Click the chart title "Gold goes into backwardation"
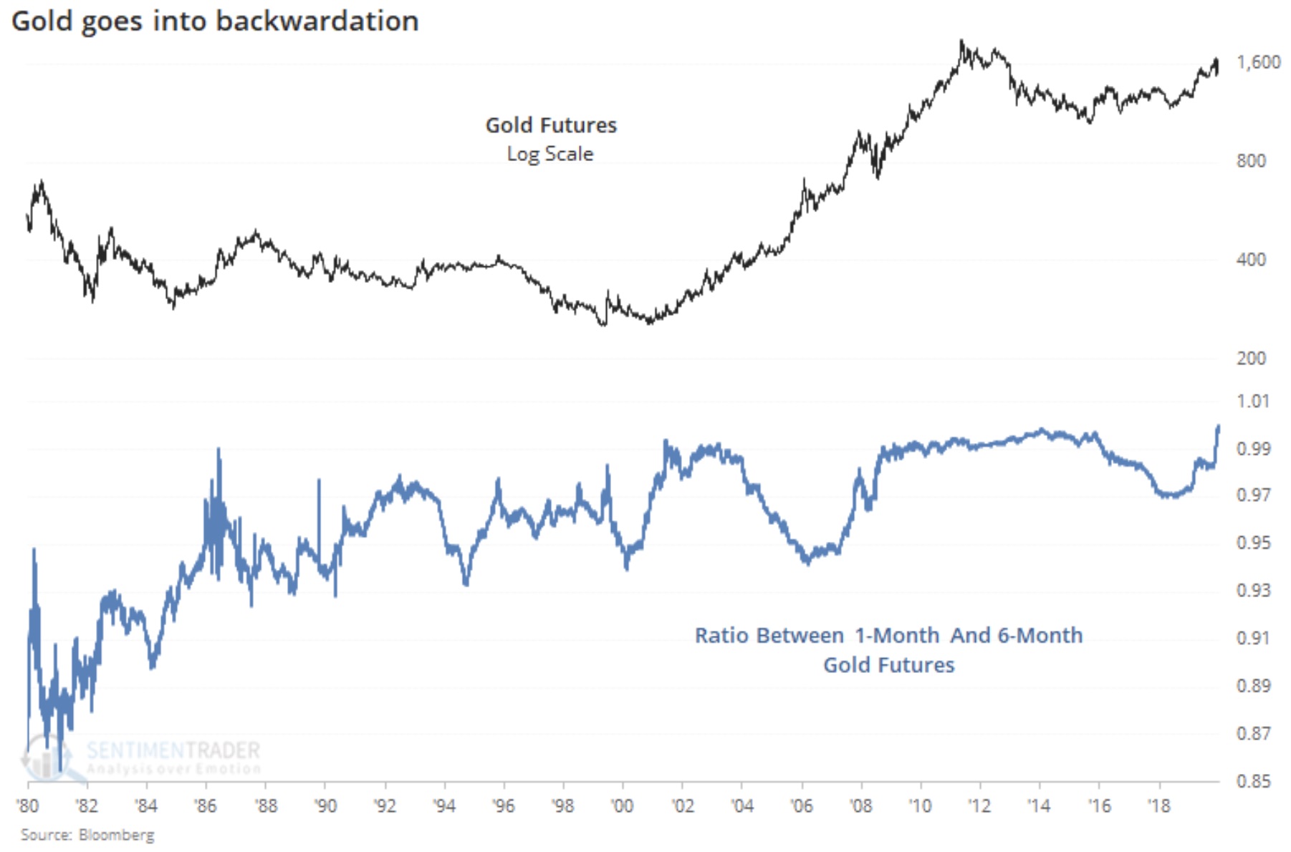215,21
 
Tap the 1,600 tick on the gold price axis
1258,62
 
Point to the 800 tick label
1251,161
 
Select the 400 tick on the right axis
1251,259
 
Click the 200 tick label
1251,358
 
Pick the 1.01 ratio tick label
1252,401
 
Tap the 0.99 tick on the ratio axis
1253,449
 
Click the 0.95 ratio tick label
1253,543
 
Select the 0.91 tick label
1253,638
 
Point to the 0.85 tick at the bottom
1253,781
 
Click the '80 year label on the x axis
28,806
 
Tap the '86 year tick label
206,806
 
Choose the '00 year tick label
622,806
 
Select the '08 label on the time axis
860,806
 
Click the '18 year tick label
1158,806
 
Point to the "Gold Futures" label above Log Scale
551,125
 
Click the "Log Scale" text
550,154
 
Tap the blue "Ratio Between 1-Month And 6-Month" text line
888,635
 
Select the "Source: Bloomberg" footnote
87,835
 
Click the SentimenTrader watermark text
173,751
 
